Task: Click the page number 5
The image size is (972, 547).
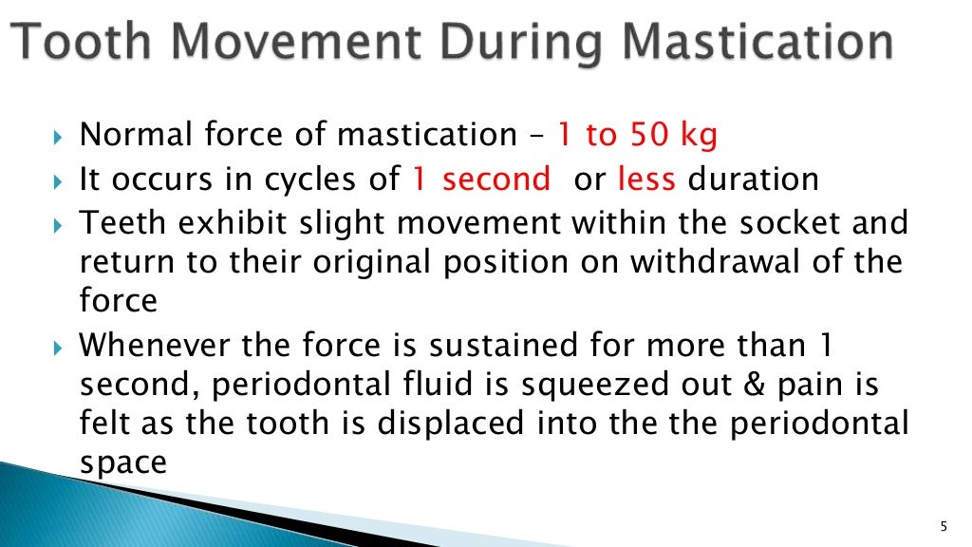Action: (943, 526)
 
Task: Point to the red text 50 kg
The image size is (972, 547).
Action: (672, 136)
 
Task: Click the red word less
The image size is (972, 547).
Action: (646, 179)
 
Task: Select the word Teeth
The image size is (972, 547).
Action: (115, 222)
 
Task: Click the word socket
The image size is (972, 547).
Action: (792, 222)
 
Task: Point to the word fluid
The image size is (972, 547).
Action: (364, 385)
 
